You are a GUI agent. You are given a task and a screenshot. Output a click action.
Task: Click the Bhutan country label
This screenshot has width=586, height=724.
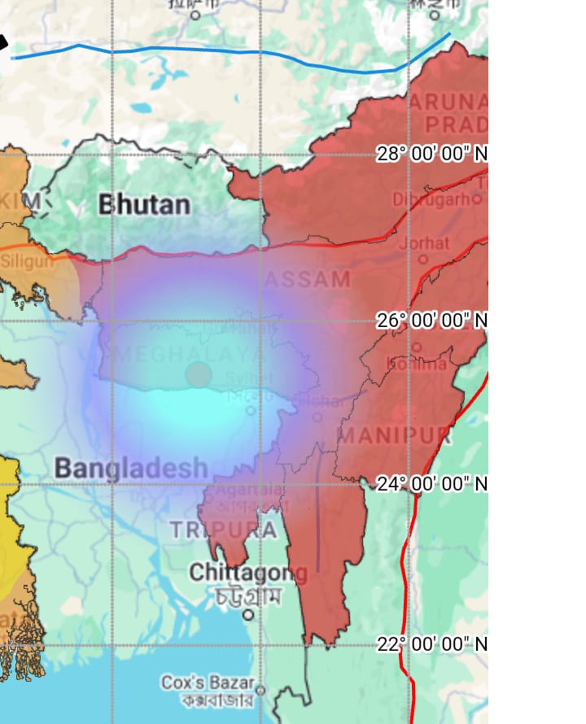[144, 204]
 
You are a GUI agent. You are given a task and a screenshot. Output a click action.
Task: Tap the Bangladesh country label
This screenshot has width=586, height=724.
[131, 468]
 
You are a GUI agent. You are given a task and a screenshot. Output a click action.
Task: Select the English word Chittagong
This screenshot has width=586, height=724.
[247, 573]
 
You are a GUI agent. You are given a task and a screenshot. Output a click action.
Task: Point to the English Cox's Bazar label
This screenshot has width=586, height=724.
[208, 682]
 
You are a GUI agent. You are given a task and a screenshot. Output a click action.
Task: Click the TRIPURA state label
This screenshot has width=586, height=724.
[223, 530]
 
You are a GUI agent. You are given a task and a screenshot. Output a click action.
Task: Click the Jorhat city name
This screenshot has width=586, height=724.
[422, 242]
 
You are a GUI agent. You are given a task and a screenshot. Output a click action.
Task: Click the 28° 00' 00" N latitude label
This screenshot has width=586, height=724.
[432, 154]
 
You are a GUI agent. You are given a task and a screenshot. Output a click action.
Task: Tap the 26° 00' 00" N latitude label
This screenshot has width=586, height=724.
[432, 320]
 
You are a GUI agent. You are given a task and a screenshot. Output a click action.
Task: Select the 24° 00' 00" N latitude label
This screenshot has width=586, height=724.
[432, 483]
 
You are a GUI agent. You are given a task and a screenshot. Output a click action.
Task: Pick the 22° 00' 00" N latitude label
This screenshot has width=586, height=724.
[432, 644]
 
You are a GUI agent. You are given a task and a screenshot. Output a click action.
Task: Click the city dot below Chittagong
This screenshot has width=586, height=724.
[248, 614]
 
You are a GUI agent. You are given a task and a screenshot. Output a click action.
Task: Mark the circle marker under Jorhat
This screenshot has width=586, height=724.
[422, 260]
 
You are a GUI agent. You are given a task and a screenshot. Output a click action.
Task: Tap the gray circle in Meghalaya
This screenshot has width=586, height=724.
[198, 375]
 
